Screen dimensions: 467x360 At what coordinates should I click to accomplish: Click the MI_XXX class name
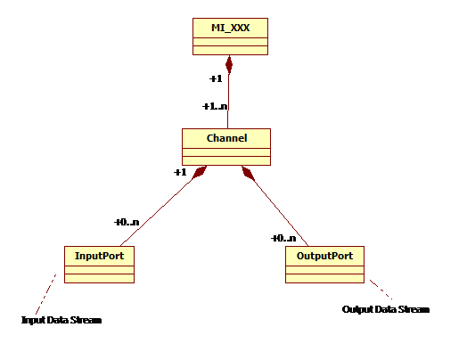pos(230,28)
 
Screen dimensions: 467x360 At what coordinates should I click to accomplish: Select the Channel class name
pos(226,138)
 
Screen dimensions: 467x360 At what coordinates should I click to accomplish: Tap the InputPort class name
pos(99,256)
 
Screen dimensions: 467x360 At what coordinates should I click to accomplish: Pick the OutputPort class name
pos(324,256)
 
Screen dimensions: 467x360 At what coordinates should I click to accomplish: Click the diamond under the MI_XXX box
pos(229,64)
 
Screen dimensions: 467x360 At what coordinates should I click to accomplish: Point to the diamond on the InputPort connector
pos(199,172)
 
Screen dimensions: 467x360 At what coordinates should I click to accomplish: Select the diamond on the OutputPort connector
pos(249,173)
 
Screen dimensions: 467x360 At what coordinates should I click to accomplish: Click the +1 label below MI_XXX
pos(216,78)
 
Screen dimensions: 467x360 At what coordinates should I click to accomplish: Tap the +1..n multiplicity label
pos(215,106)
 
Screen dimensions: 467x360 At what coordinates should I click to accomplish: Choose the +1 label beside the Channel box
pos(180,172)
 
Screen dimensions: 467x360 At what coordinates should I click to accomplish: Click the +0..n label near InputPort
pos(127,222)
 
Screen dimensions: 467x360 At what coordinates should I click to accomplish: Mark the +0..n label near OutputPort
pos(283,238)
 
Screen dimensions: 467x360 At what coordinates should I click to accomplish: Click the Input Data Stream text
pos(61,320)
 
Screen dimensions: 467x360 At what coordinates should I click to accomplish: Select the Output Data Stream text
pos(386,309)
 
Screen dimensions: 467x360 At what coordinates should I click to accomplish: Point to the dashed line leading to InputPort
pos(45,294)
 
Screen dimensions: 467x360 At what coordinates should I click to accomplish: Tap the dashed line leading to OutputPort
pos(381,289)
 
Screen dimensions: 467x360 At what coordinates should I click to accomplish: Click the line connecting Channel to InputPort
pos(156,213)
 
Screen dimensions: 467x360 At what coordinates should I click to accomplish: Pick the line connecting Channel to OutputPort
pos(281,213)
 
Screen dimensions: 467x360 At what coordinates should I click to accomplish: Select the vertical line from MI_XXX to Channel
pos(228,102)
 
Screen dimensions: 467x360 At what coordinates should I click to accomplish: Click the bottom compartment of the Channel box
pos(226,160)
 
